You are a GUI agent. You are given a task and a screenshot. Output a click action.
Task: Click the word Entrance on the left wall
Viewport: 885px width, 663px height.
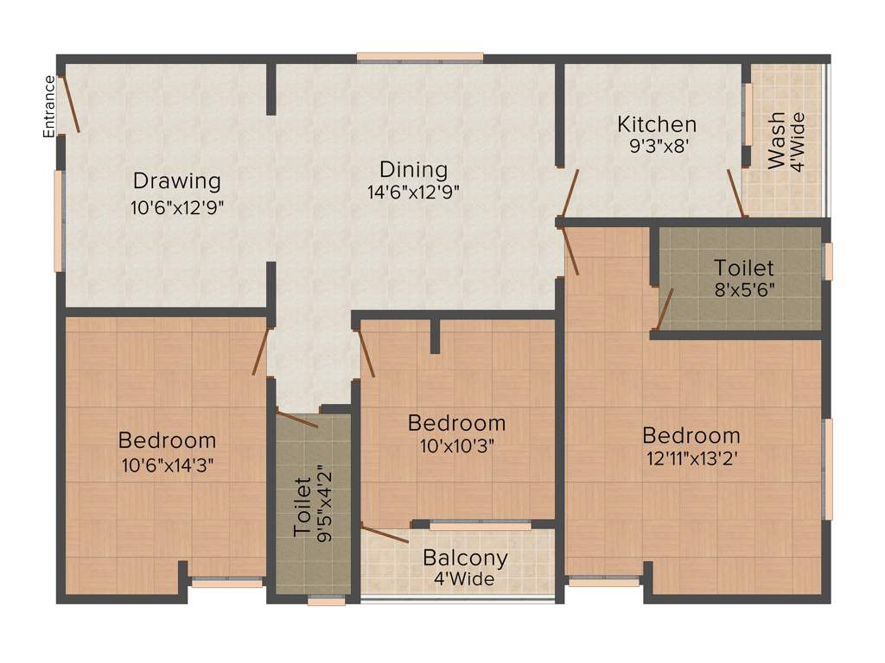[49, 106]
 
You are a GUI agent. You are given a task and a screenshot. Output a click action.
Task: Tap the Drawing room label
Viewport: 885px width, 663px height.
[176, 181]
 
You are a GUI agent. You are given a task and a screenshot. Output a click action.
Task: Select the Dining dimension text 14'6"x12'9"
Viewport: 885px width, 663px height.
[414, 193]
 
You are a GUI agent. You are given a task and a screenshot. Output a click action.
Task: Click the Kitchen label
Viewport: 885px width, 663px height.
[656, 124]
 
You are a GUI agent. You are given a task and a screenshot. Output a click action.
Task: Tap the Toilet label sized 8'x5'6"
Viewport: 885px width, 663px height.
[743, 268]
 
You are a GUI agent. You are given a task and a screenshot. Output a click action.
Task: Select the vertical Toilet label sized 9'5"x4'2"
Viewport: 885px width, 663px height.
[302, 506]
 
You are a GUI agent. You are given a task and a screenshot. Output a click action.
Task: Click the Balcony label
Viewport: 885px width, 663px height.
[465, 558]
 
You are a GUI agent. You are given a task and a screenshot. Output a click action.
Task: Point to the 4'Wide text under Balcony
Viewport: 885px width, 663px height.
[465, 579]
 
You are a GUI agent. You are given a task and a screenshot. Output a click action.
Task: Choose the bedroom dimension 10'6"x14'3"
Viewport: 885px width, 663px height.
[168, 464]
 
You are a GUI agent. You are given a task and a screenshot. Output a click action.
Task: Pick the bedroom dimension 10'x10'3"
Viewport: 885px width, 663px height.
[456, 446]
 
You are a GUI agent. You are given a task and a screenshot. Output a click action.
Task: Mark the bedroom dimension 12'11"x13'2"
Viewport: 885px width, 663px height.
[691, 458]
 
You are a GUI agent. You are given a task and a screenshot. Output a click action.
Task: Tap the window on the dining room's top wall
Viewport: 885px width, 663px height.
[420, 58]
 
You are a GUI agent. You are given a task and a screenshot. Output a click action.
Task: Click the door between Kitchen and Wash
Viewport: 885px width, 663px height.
[735, 193]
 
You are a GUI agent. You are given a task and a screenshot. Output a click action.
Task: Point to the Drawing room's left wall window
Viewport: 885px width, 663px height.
[60, 220]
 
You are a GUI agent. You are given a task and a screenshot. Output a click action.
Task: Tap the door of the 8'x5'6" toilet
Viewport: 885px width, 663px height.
[665, 309]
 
